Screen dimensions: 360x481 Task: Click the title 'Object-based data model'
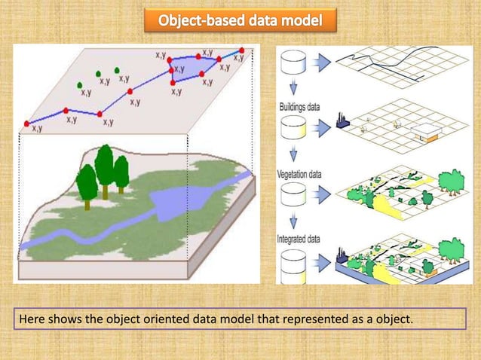pos(240,20)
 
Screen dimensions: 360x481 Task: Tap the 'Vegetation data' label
pos(300,174)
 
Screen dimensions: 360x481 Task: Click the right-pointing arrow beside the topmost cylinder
pos(323,62)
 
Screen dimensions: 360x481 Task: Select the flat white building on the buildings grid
pos(427,133)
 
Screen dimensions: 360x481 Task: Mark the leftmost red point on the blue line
pos(28,123)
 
